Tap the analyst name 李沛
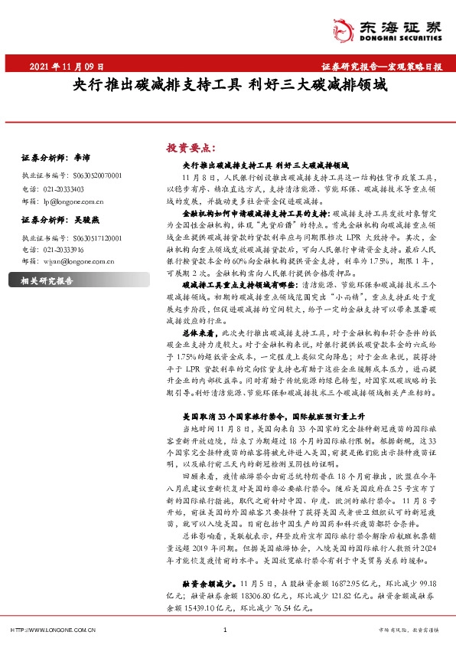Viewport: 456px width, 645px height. [79, 158]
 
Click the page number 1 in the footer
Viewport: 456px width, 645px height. [225, 629]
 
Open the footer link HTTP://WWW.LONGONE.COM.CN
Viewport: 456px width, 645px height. [54, 629]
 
